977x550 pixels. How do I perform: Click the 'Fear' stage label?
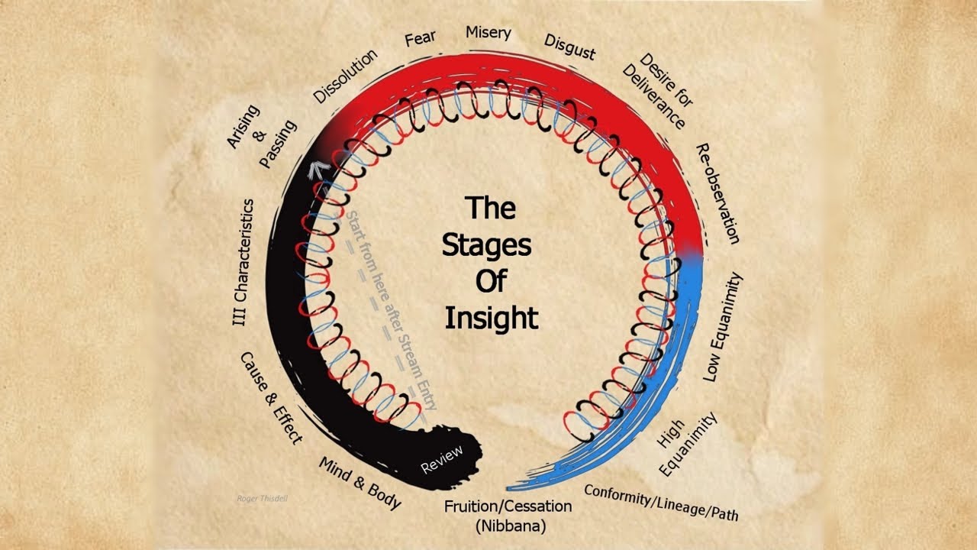[x=421, y=39]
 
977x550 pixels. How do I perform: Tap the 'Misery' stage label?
[x=488, y=33]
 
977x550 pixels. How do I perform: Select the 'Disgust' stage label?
[x=569, y=47]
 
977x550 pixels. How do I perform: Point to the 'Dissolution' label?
[x=346, y=76]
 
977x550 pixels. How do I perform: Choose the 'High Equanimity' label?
[x=687, y=443]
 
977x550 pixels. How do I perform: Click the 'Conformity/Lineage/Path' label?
[x=661, y=502]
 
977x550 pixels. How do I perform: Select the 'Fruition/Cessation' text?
[x=508, y=506]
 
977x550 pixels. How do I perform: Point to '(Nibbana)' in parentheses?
[x=508, y=526]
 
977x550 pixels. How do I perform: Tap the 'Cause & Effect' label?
[x=272, y=397]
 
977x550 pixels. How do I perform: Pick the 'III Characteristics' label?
[x=243, y=263]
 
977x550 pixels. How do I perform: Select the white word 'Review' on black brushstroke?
[x=442, y=458]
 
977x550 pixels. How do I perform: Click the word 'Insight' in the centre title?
[x=492, y=317]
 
